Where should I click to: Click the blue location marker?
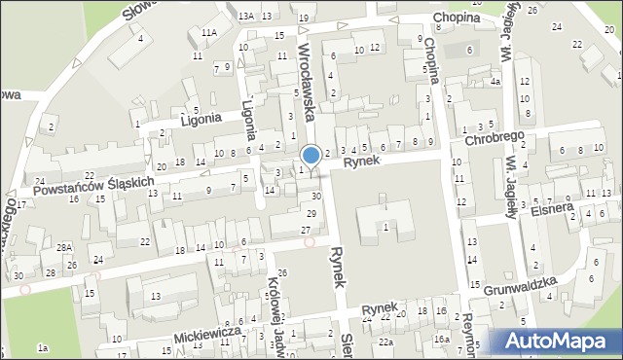tap(311, 155)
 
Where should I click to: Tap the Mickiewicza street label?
tap(207, 334)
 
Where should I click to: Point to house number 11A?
tap(208, 33)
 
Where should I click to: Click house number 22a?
tap(386, 342)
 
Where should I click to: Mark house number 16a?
tap(442, 339)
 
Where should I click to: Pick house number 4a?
tap(495, 82)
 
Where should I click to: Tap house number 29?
tap(311, 213)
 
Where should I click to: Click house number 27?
tap(306, 229)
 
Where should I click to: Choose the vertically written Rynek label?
tap(338, 265)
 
